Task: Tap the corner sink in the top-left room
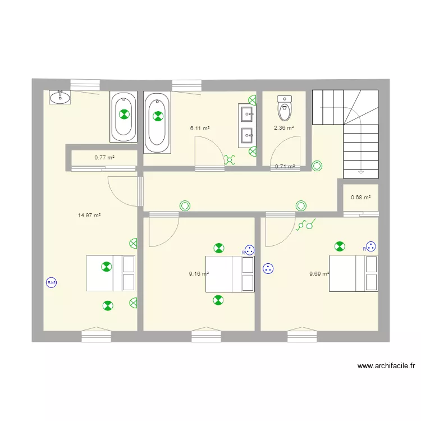pyautogui.click(x=59, y=98)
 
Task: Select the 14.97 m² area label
pyautogui.click(x=89, y=215)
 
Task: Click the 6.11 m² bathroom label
pyautogui.click(x=200, y=128)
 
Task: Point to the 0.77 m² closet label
pyautogui.click(x=104, y=158)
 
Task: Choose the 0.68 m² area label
pyautogui.click(x=360, y=197)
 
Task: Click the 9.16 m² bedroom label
pyautogui.click(x=199, y=274)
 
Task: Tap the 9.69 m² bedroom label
pyautogui.click(x=319, y=274)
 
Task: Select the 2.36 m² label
pyautogui.click(x=283, y=127)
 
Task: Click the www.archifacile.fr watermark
pyautogui.click(x=386, y=366)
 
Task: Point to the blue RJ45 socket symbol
pyautogui.click(x=52, y=283)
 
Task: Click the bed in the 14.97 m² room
pyautogui.click(x=111, y=273)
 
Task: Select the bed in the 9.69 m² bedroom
pyautogui.click(x=353, y=273)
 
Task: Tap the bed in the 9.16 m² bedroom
pyautogui.click(x=230, y=274)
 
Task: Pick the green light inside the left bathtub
pyautogui.click(x=123, y=116)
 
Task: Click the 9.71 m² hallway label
pyautogui.click(x=285, y=166)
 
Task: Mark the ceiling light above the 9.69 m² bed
pyautogui.click(x=339, y=246)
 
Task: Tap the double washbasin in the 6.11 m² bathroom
pyautogui.click(x=247, y=125)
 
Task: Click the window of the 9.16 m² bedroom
pyautogui.click(x=207, y=336)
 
